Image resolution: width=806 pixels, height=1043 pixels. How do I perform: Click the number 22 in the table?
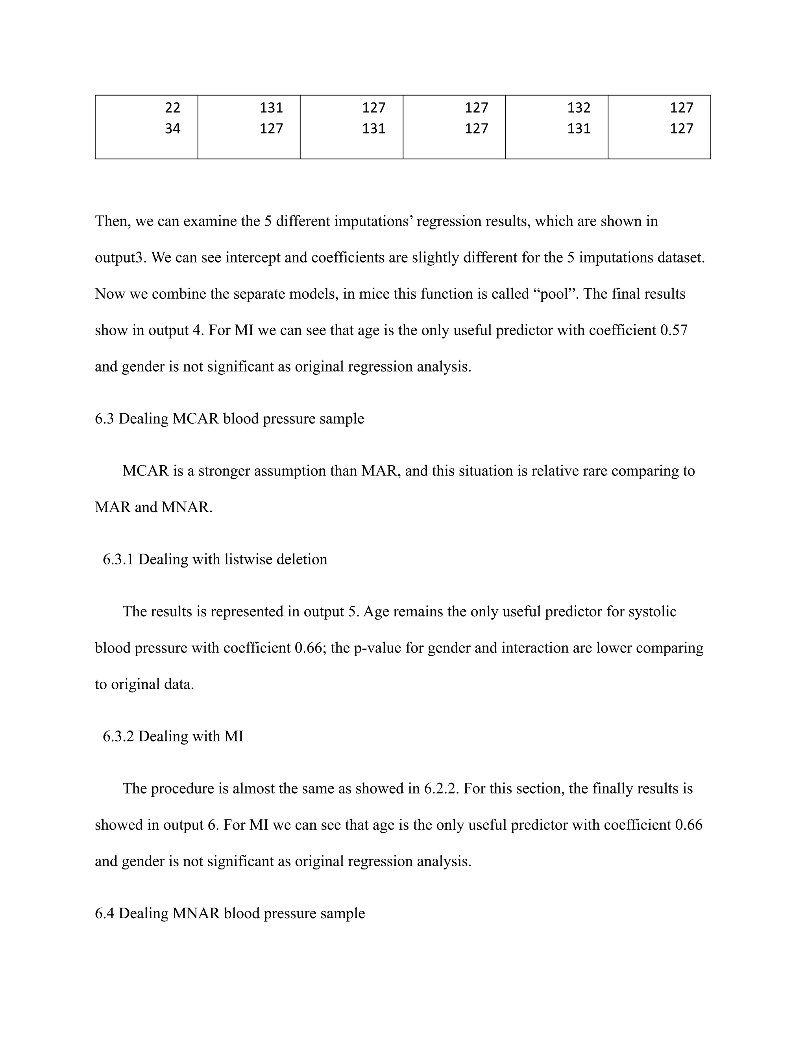click(172, 108)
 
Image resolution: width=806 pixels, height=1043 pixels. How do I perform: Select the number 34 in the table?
click(172, 129)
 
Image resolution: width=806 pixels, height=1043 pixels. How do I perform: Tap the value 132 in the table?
click(579, 108)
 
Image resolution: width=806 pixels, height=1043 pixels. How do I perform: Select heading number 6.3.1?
click(118, 559)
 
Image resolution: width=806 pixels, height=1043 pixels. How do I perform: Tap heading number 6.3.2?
click(118, 736)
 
